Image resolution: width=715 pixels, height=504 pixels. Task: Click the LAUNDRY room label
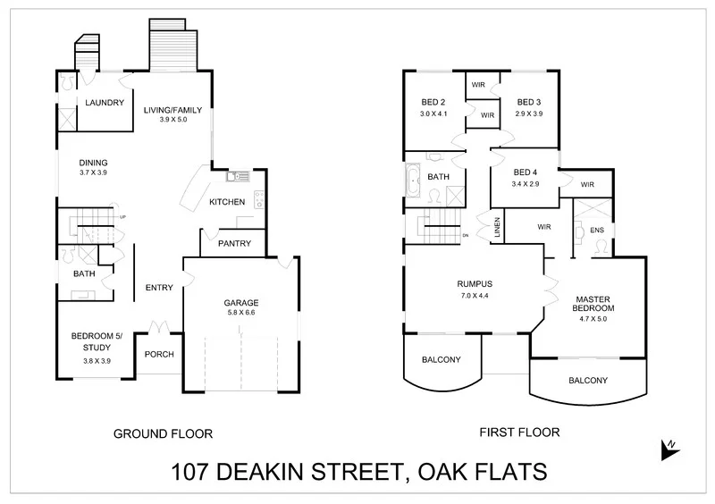coord(105,103)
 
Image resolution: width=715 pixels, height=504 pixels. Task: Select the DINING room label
coord(92,162)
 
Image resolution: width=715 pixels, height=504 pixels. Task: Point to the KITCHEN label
coord(227,202)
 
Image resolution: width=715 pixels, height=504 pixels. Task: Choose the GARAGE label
coord(241,303)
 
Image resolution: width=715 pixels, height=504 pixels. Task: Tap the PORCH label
coord(159,354)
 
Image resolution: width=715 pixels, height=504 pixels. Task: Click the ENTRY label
coord(159,287)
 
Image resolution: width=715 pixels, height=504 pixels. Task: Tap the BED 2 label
coord(437,102)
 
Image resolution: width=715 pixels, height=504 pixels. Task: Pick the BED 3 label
coord(529,102)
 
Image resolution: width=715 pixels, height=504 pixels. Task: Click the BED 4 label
coord(526,172)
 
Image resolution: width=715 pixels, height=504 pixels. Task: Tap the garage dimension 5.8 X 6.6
coord(241,314)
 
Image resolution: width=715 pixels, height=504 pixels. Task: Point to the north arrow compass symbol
coord(668,449)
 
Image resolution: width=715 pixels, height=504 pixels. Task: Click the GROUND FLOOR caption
coord(163,434)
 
